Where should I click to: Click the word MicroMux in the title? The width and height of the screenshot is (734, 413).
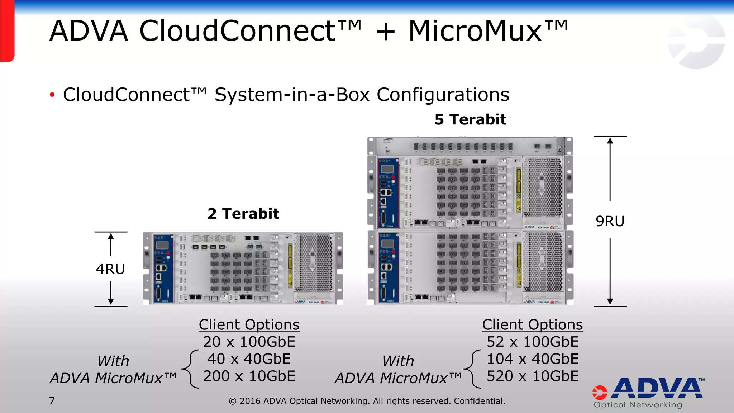coord(475,31)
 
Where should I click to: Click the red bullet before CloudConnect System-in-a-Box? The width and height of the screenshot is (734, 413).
coord(52,95)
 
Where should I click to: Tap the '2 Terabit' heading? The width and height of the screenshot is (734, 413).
coord(243,214)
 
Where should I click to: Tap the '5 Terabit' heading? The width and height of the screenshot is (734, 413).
coord(470,119)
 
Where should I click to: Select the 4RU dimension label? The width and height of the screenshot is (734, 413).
coord(110,269)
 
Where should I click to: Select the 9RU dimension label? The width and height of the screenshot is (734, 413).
coord(610,221)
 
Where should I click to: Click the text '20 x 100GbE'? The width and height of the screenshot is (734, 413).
coord(249,342)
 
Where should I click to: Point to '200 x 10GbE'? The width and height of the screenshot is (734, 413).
coord(249,376)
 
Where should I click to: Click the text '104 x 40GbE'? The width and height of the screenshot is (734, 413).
coord(533,359)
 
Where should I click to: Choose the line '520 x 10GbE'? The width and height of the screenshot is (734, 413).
coord(533,376)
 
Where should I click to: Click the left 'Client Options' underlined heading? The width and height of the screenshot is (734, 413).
coord(249,324)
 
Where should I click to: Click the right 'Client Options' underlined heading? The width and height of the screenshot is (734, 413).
coord(533,324)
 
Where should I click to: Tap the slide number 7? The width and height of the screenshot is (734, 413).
coord(52,401)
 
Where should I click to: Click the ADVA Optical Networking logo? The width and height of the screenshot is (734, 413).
coord(648,393)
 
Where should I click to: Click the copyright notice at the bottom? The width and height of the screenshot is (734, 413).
coord(367,401)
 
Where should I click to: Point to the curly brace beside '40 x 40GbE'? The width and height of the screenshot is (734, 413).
coord(191,369)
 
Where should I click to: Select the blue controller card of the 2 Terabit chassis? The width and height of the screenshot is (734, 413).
coord(163,268)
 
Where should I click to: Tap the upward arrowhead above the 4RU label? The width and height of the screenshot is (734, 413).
coord(111,237)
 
